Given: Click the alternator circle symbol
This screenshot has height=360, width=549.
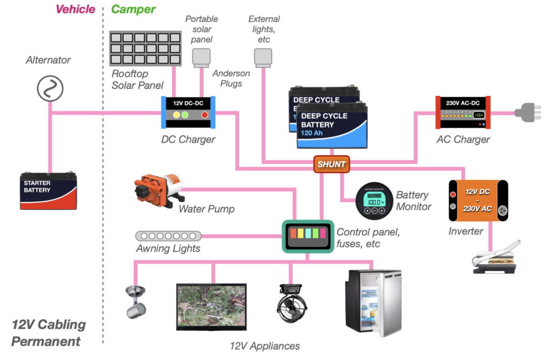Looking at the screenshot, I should coord(50,88).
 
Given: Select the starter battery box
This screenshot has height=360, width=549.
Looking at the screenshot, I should coord(48,190).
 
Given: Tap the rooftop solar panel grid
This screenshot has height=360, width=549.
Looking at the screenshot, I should coord(143,49).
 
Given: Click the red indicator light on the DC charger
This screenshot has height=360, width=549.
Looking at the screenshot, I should coord(204,115).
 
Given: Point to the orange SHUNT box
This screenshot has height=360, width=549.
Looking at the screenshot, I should coord(331,165).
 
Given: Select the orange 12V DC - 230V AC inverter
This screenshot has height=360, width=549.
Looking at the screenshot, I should coord(478,200).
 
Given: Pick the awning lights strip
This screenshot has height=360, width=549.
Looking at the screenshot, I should coord(168,236).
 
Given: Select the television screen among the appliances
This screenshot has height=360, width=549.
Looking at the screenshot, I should coord(211,307).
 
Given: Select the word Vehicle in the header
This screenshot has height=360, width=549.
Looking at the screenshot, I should coord(75,9).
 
